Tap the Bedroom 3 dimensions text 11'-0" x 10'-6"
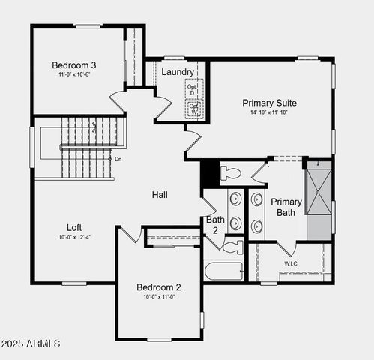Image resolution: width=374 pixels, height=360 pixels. tap(78, 75)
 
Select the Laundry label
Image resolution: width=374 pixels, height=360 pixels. tap(178, 72)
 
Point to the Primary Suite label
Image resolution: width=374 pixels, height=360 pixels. tap(269, 103)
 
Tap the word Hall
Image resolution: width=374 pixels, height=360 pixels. tap(160, 195)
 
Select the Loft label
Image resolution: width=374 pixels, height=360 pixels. tap(74, 226)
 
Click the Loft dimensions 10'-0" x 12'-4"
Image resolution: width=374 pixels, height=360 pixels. tap(74, 237)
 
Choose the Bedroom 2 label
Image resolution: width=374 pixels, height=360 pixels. tap(158, 287)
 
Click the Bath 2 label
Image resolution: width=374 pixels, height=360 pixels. tap(214, 225)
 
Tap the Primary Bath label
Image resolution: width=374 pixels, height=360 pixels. tap(286, 207)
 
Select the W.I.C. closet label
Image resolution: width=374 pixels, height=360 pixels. tap(291, 263)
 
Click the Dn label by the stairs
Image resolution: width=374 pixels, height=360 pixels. tap(118, 159)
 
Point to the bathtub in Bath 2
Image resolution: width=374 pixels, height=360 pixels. tap(223, 270)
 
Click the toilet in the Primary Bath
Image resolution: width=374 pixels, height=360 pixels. tap(231, 174)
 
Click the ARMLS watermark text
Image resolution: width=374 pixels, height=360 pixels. tap(31, 343)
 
